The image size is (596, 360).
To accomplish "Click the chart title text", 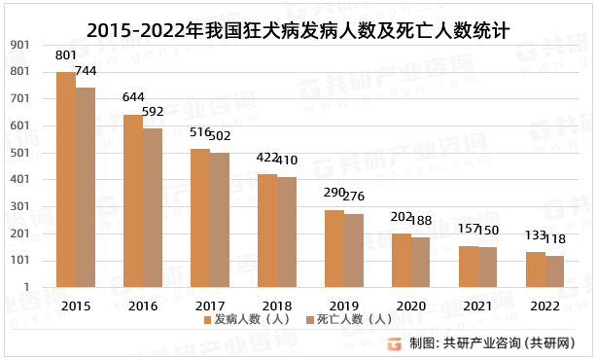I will [298, 29].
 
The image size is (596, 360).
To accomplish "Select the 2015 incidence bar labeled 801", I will [65, 180].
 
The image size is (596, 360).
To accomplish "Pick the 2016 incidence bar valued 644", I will [132, 201].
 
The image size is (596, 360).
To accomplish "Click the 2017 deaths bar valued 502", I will [220, 220].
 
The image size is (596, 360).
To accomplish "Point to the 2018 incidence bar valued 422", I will [266, 231].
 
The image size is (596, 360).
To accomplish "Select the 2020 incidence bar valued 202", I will [401, 260].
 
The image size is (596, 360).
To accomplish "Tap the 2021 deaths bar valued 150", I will [488, 268].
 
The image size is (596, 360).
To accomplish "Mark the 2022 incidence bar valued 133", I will [535, 270].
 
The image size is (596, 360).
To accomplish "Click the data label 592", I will [153, 113].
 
